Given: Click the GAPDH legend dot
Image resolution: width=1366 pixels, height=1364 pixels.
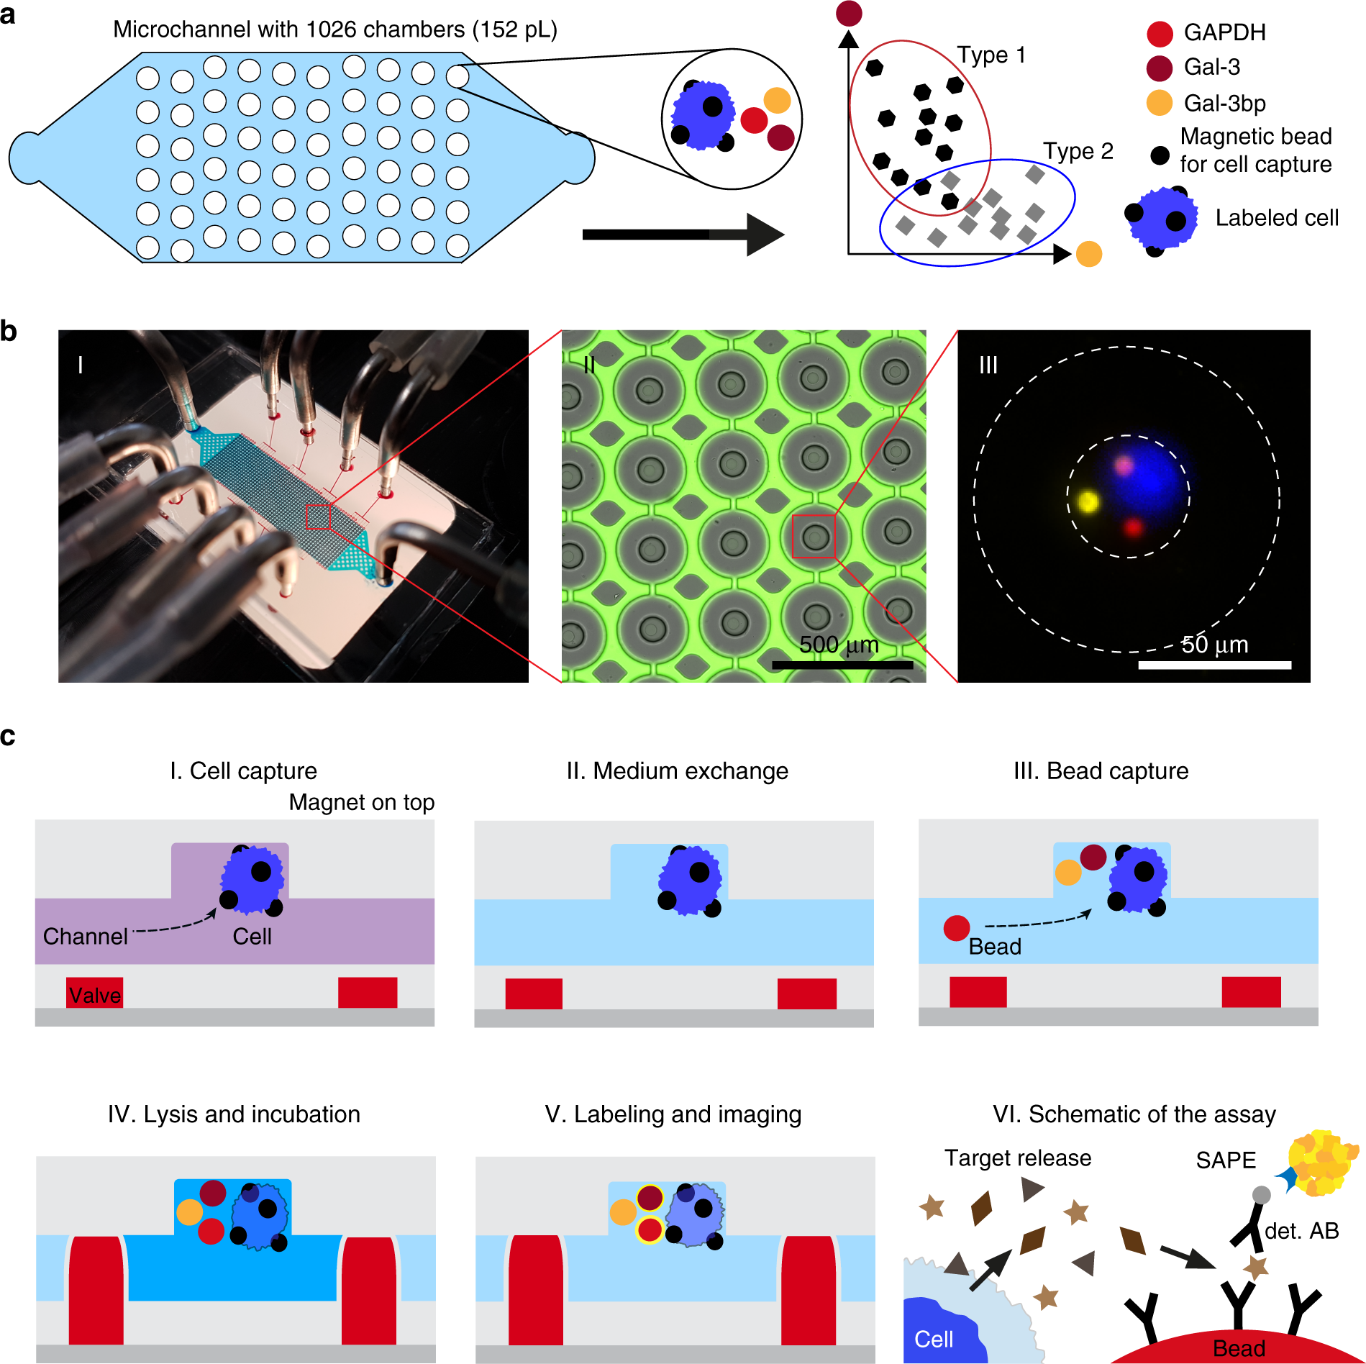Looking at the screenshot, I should [1160, 33].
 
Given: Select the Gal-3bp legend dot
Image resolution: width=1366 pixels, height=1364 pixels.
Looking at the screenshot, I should [1160, 103].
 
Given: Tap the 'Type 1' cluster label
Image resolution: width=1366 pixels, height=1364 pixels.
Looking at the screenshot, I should [991, 55].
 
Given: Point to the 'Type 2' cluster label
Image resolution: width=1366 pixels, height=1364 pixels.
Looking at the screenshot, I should [1078, 151].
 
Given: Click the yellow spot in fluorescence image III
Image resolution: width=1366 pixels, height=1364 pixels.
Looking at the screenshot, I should [1088, 501].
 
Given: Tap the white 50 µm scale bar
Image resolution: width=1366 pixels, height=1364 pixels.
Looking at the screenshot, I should [1214, 665].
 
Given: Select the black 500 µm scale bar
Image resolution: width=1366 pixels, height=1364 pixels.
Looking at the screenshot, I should [842, 665].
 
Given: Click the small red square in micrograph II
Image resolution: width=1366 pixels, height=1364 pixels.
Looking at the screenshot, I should [814, 536].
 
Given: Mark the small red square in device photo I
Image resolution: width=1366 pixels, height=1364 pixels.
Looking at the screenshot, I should [318, 517].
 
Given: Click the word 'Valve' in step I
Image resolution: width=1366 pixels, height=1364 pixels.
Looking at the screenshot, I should [95, 995].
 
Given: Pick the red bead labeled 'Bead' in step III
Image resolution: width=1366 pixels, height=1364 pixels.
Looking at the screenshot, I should [957, 928].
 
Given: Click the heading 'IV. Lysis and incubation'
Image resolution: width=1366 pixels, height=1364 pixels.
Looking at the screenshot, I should [234, 1114].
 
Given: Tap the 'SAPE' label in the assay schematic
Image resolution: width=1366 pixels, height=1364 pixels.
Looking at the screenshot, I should [1226, 1160].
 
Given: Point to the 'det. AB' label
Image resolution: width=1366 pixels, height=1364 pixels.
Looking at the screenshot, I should [1301, 1231].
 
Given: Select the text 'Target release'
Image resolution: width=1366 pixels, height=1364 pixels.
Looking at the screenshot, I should [1018, 1158].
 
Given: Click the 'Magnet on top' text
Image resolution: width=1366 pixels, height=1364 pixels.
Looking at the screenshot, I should [362, 802].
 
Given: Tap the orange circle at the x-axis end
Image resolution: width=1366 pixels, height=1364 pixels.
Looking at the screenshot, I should [1089, 254].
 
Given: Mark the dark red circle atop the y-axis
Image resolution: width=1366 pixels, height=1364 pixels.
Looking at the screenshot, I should [850, 13].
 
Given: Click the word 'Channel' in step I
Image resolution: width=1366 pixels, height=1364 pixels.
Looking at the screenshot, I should [86, 936].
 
